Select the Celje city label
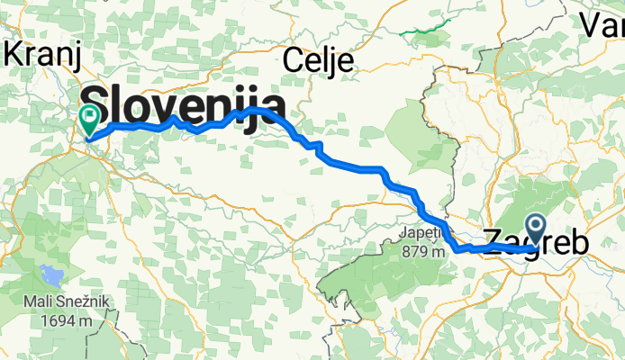[x=318, y=60]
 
